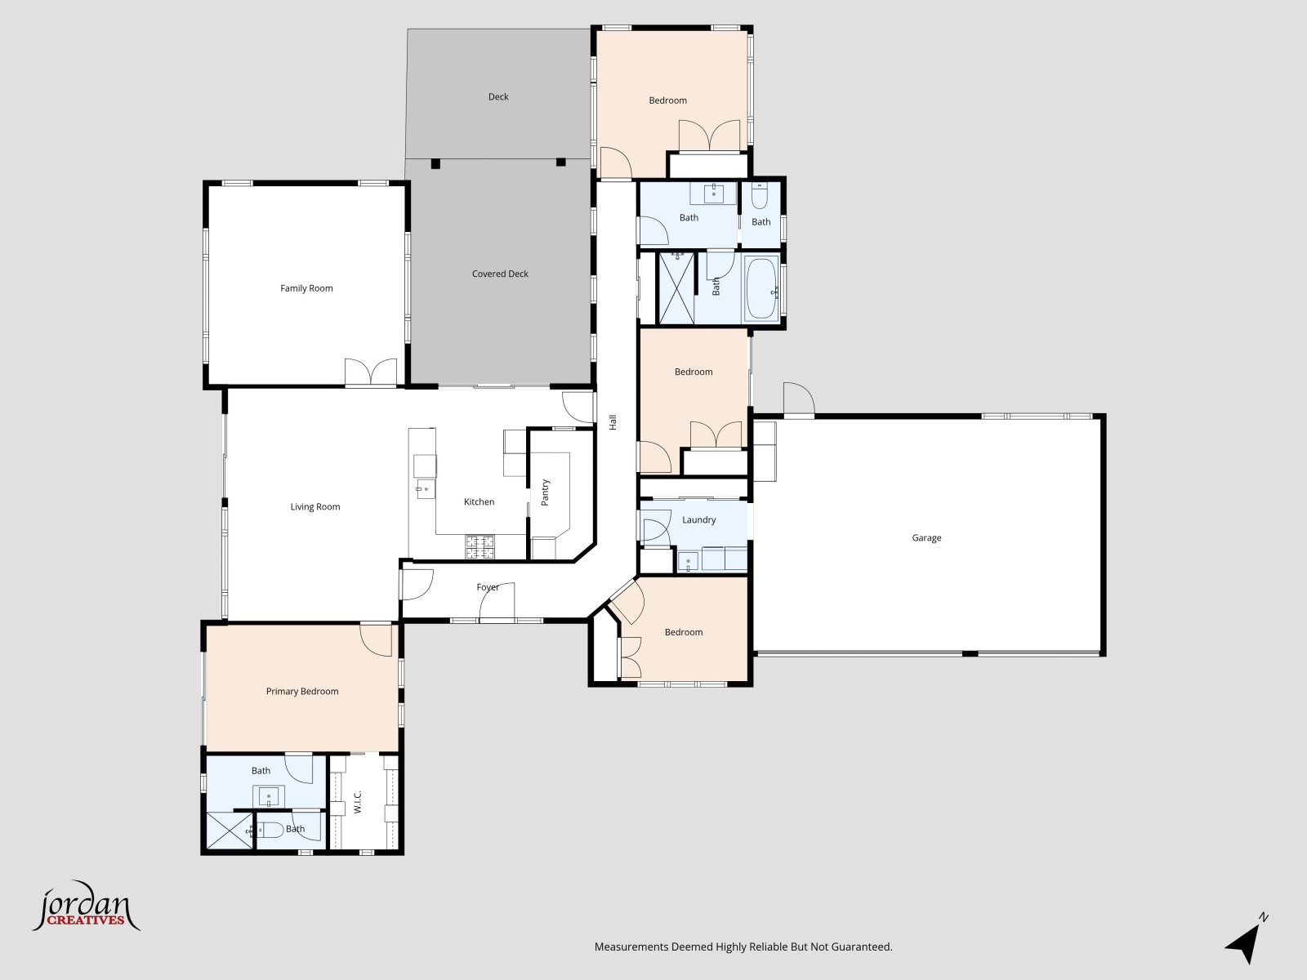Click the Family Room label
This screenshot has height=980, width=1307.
pos(306,288)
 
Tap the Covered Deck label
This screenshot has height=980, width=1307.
pos(500,274)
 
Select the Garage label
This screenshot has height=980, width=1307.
pos(926,538)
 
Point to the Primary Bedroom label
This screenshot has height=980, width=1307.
pos(302,692)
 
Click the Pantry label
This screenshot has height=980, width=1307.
pos(545,492)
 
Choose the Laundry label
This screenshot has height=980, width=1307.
pos(698,520)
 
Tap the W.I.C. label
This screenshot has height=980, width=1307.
pos(358,802)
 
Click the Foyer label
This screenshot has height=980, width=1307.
pos(488,587)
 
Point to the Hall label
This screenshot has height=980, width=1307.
pos(613,422)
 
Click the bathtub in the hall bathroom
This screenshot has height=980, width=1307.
pos(761,288)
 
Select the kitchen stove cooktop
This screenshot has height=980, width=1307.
pos(480,547)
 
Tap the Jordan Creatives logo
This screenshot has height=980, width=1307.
pos(87,906)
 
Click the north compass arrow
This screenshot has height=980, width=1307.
pos(1246,941)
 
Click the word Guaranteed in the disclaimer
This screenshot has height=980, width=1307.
pos(861,947)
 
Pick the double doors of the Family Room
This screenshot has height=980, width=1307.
pos(371,372)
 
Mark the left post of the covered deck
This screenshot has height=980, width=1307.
pos(436,163)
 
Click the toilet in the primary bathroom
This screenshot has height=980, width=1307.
pos(269,830)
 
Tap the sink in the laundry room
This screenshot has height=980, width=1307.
pos(689,561)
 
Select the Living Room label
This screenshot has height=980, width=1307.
pos(315,507)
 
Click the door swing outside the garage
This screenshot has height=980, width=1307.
pos(799,398)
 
